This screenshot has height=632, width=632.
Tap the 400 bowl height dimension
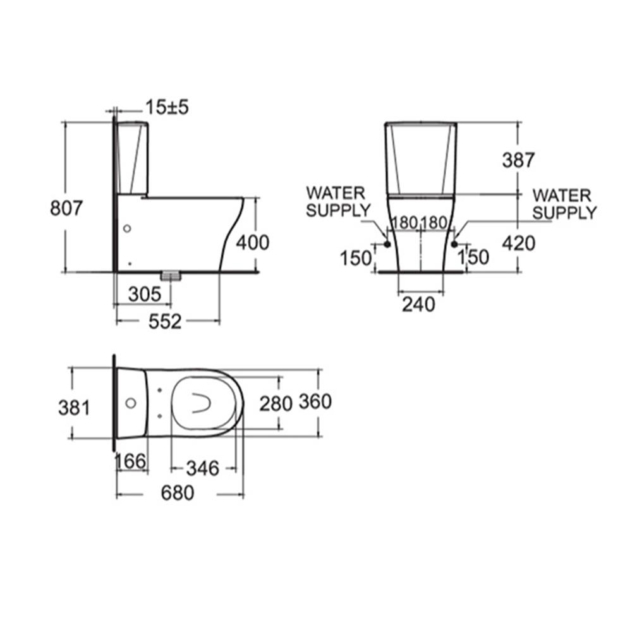[252, 242]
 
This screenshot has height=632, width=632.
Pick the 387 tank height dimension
[518, 161]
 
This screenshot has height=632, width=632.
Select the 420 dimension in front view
[518, 243]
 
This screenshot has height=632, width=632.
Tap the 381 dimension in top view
[74, 408]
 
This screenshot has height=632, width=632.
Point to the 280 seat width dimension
[276, 403]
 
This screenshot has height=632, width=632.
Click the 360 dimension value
[315, 401]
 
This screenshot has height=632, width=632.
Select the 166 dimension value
[131, 461]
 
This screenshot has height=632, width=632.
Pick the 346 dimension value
[202, 468]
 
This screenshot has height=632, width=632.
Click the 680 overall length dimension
[177, 493]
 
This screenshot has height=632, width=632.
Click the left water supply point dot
[386, 244]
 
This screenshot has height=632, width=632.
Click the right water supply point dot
[454, 244]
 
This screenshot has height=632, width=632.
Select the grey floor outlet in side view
[171, 276]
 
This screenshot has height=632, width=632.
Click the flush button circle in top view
[131, 403]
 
